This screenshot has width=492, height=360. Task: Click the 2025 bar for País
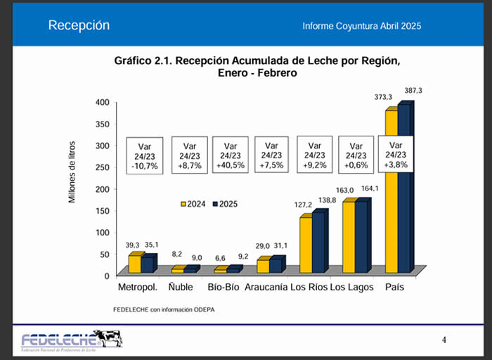point(404,190)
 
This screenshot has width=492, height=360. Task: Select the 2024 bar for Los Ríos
point(306,245)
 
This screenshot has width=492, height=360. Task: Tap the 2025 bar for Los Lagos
point(361,236)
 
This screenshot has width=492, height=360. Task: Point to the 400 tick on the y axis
point(102,103)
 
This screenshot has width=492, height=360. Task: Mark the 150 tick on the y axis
point(102,210)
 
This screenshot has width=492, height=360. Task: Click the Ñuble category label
point(181,287)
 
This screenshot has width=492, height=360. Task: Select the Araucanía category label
point(267,287)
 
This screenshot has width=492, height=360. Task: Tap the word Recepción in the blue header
point(79,25)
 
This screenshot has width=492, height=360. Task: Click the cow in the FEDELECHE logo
point(110,337)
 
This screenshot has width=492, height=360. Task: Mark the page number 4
point(444,340)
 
